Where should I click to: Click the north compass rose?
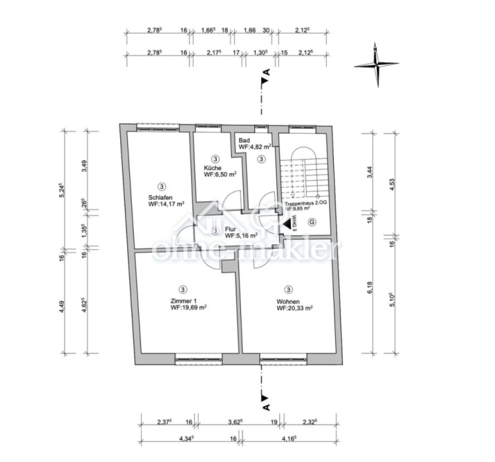point(376,65)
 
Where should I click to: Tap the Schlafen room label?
point(161,198)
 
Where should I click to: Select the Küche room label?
point(212,168)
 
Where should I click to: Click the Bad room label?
point(244,140)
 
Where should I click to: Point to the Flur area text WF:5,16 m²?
point(241,235)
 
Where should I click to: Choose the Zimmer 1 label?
point(183,301)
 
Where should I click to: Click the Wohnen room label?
point(288,302)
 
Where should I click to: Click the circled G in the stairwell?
point(312,222)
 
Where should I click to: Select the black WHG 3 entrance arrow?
point(287,224)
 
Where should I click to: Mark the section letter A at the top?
point(267,72)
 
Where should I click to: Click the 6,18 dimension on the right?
point(370,287)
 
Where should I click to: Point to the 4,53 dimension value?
point(392,184)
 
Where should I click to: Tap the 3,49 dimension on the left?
point(84,166)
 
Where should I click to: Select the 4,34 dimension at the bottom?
point(186,439)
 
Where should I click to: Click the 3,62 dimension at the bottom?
point(235,422)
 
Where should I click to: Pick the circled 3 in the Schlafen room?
point(162,187)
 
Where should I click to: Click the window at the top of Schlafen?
point(158,127)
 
